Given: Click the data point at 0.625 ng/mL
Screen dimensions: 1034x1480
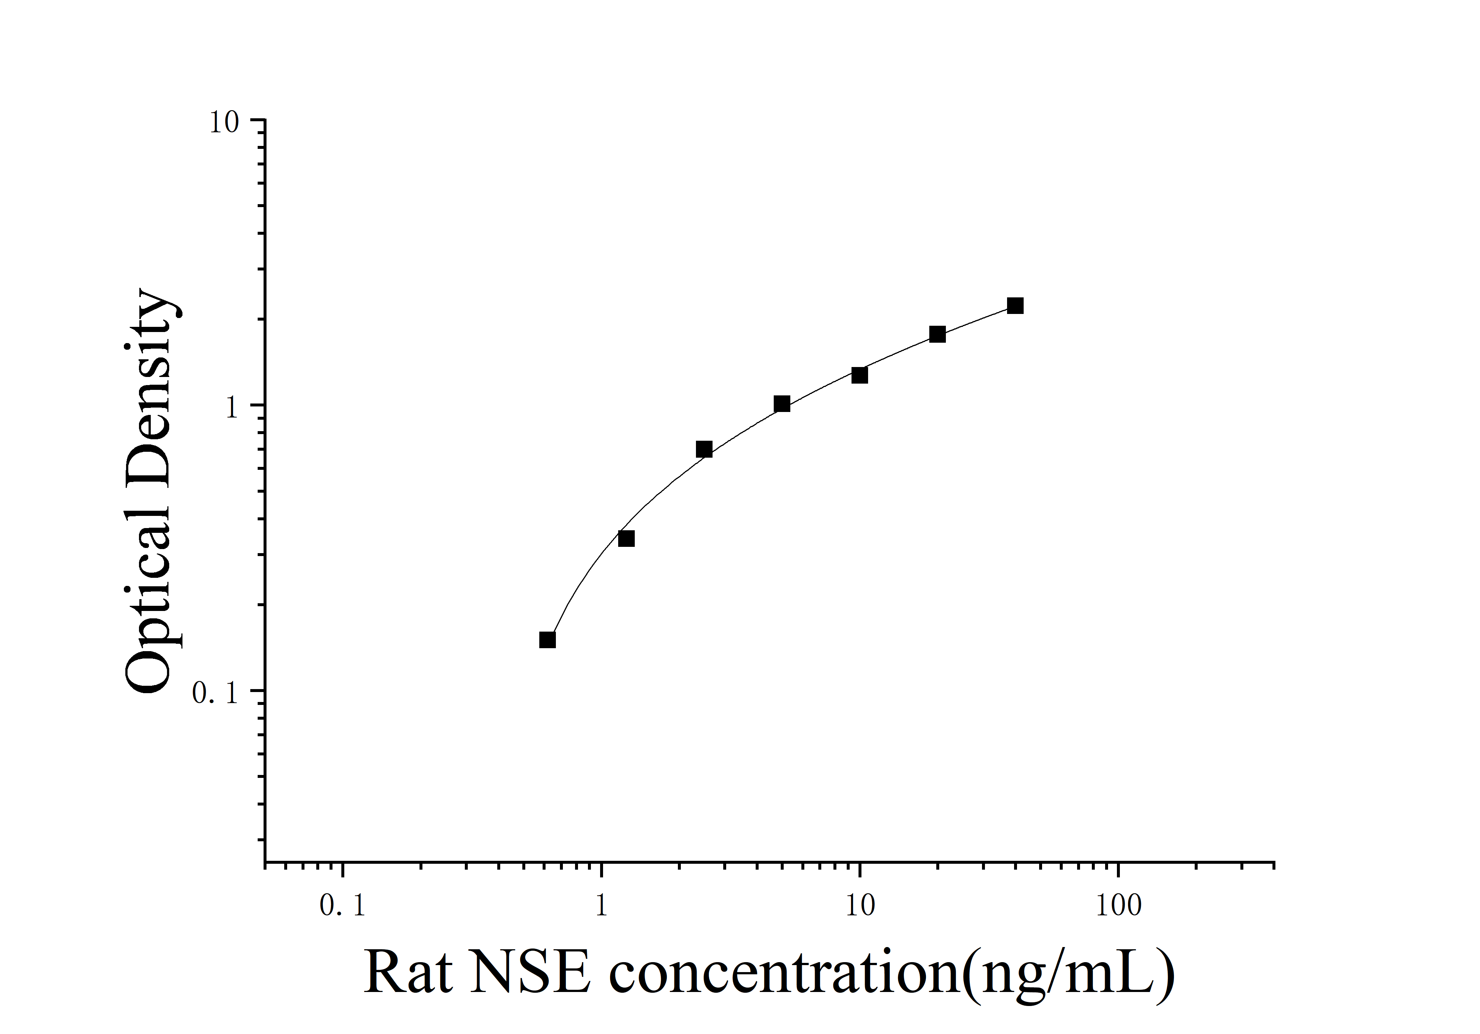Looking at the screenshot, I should click(547, 640).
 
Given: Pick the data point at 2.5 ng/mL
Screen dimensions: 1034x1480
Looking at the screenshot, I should click(704, 449).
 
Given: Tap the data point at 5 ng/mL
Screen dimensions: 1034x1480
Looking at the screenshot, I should click(782, 404).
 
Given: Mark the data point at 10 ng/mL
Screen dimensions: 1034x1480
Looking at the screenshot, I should click(859, 375).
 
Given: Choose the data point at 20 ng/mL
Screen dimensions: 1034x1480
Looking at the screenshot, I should click(937, 334).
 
